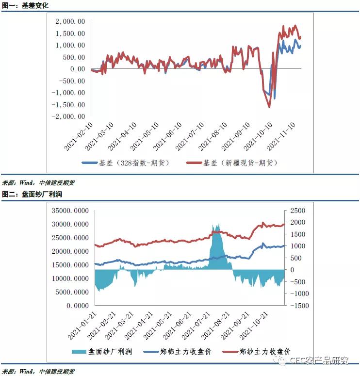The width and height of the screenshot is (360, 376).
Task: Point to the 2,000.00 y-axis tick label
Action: [70, 21]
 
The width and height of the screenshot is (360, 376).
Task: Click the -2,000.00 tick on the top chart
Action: [69, 116]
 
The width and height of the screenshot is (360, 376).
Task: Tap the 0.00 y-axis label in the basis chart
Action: [78, 69]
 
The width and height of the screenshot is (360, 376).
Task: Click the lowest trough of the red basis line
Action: [269, 107]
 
